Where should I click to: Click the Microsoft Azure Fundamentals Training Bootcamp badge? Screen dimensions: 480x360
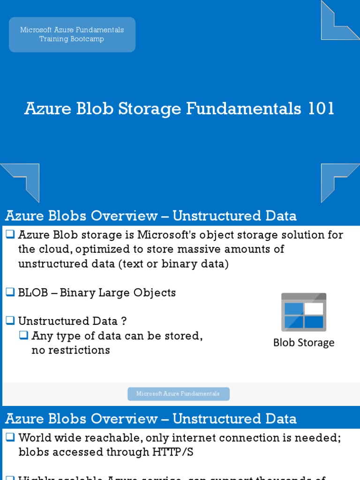[x=72, y=35]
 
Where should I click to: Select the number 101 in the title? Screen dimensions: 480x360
[x=321, y=109]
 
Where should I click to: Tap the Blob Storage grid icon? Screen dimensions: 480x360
[x=304, y=312]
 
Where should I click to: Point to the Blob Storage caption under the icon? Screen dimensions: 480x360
[x=304, y=343]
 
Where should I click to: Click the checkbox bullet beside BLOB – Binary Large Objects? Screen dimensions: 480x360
[x=10, y=292]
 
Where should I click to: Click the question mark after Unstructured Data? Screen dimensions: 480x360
[x=124, y=322]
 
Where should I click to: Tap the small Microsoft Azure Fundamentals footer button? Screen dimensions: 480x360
[x=178, y=394]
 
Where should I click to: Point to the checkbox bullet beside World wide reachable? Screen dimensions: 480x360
[x=10, y=437]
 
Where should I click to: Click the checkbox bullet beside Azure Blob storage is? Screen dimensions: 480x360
[x=10, y=234]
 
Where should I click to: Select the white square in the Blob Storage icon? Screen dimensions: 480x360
[x=314, y=308]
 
